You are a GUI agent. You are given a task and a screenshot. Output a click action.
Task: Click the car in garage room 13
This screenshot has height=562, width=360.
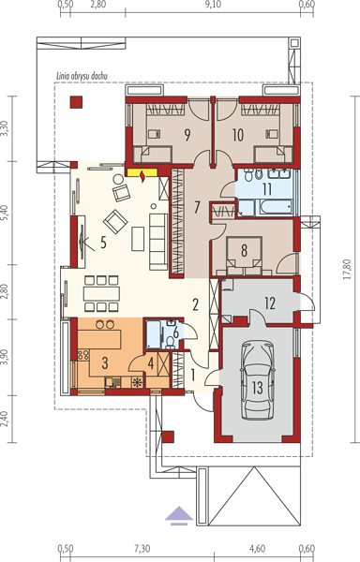point(258,380)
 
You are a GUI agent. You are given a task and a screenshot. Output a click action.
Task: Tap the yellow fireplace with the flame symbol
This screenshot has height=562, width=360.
point(142,172)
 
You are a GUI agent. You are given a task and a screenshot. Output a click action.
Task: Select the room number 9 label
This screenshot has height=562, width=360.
point(187,135)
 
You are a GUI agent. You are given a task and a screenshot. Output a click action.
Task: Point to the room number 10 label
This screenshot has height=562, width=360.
point(238,135)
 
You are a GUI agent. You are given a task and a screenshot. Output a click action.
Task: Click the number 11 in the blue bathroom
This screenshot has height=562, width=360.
point(267,189)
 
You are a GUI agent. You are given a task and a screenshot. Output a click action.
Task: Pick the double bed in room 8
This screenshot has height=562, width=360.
point(244,256)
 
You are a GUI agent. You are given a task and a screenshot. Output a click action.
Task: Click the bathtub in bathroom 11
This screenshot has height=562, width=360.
point(277,207)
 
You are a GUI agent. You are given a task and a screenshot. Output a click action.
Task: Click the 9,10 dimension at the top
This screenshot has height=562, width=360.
point(213,5)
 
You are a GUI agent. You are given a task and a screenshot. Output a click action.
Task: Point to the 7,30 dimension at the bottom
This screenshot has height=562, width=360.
point(142,548)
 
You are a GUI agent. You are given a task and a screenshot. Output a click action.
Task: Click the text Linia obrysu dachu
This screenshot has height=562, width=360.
point(82,76)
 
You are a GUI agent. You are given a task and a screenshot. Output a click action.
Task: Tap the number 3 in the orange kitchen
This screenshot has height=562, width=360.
point(105,363)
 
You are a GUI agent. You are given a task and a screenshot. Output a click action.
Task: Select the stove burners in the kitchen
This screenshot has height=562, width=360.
point(83,355)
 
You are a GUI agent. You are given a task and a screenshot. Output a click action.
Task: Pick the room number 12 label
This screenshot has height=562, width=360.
point(270,303)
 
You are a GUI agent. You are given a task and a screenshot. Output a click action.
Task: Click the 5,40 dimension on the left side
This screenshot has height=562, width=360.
point(5,214)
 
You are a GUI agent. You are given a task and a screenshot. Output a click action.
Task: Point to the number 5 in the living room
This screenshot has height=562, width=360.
point(103,243)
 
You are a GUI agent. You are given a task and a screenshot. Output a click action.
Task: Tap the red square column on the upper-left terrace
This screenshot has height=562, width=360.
point(76,102)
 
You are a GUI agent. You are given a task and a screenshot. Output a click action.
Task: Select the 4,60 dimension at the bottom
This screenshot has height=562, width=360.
point(258,548)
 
